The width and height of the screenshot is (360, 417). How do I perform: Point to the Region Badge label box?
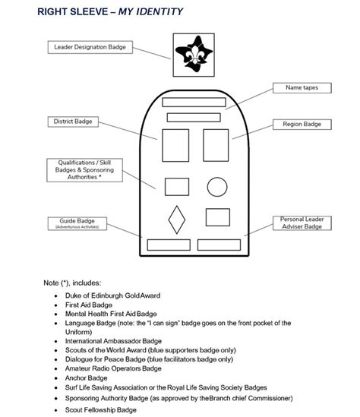tap(302, 123)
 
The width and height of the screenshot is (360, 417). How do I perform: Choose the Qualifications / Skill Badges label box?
tap(79, 169)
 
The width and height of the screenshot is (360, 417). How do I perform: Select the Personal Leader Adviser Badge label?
tap(302, 222)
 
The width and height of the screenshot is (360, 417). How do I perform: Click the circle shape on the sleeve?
tap(217, 185)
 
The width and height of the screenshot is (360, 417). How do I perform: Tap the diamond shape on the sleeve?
tap(176, 220)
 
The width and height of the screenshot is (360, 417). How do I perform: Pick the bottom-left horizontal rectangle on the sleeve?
tap(168, 245)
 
